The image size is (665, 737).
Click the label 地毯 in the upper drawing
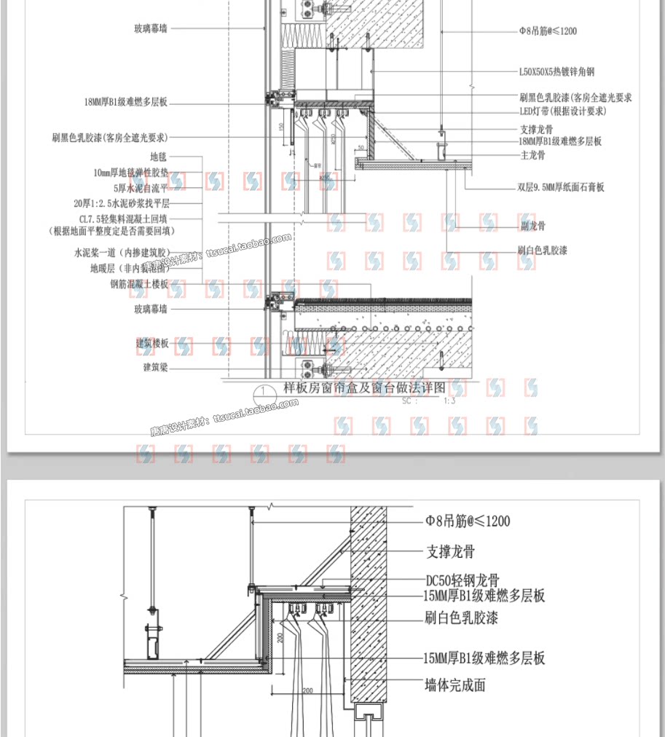pyautogui.click(x=158, y=157)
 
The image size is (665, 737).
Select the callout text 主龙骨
pyautogui.click(x=532, y=155)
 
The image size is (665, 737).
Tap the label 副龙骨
pyautogui.click(x=532, y=226)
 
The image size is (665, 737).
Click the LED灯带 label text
pyautogui.click(x=562, y=111)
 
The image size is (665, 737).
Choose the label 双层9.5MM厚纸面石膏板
pyautogui.click(x=561, y=187)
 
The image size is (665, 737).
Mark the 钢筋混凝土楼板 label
pyautogui.click(x=139, y=284)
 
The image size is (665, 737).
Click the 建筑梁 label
pyautogui.click(x=155, y=367)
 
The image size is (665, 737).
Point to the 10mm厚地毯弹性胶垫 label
pyautogui.click(x=130, y=173)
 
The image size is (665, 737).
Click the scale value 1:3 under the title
pyautogui.click(x=449, y=401)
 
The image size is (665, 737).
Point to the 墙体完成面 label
pyautogui.click(x=455, y=685)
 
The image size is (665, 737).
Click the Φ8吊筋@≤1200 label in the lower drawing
pyautogui.click(x=468, y=521)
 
